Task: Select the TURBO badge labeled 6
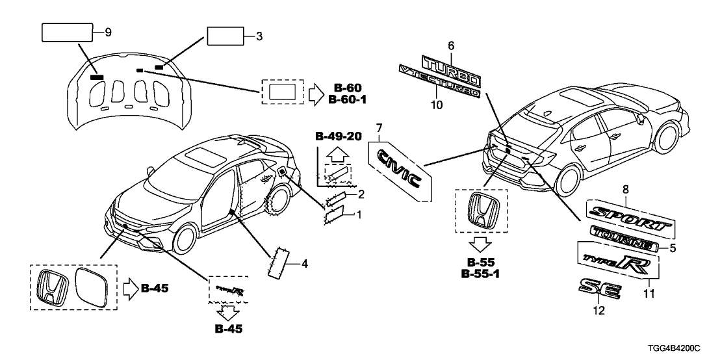pos(450,70)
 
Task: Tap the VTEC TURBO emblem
pos(439,83)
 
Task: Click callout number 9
pos(109,31)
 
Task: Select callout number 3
pos(259,38)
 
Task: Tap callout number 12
pos(598,311)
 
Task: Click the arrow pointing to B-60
pos(315,94)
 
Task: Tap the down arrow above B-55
pos(482,244)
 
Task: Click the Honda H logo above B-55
pos(482,212)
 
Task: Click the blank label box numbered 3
pos(225,38)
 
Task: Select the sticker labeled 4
pos(279,261)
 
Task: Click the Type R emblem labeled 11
pos(617,262)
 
